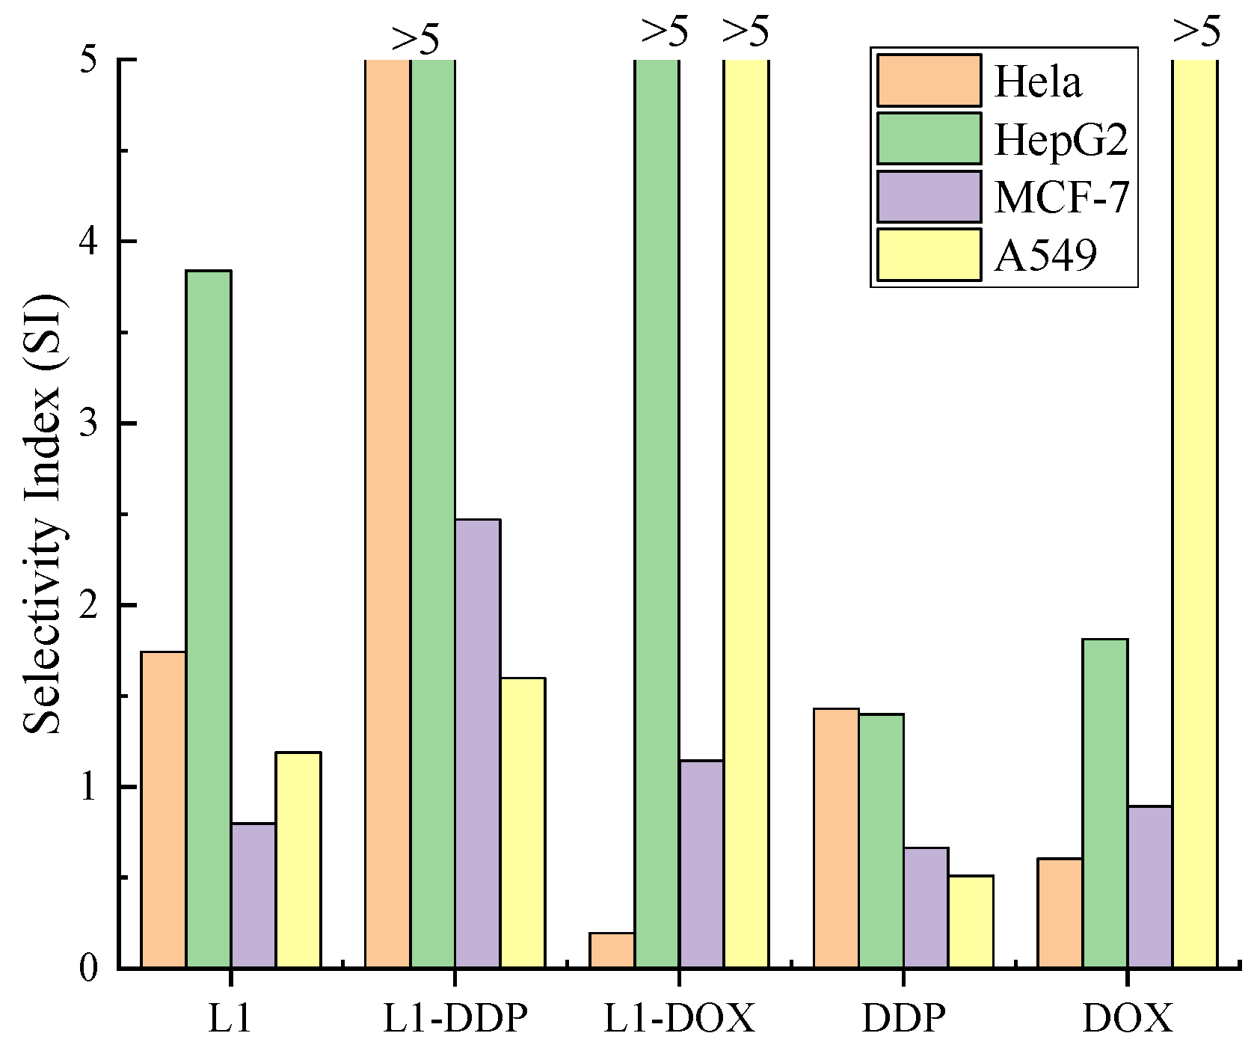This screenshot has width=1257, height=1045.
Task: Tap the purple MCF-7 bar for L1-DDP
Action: [x=478, y=744]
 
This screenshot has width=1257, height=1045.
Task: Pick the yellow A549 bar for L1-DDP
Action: [x=523, y=823]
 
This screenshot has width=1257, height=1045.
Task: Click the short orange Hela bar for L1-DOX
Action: [x=612, y=951]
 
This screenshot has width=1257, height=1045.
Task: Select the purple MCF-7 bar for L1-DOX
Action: [x=701, y=864]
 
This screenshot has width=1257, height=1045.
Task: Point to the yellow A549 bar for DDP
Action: [x=971, y=922]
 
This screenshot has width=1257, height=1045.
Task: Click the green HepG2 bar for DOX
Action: [x=1105, y=803]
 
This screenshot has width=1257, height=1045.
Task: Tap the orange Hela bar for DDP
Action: [x=836, y=838]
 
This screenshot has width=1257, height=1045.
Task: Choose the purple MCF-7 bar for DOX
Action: [x=1150, y=887]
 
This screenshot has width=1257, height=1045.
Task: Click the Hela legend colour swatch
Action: [x=929, y=81]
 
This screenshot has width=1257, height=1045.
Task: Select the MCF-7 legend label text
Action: [x=1061, y=197]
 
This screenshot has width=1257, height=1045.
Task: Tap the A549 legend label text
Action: [x=1045, y=255]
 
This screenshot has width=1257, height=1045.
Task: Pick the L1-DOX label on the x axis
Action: [x=679, y=1018]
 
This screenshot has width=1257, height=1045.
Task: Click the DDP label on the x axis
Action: [x=903, y=1018]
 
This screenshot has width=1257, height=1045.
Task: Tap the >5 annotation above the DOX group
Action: [x=1196, y=31]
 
